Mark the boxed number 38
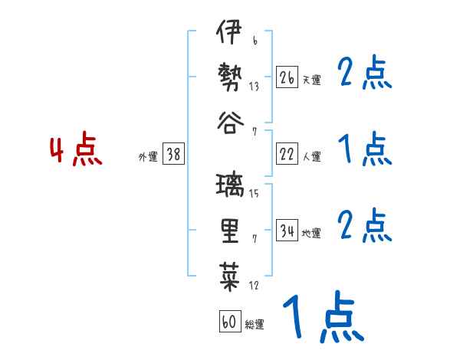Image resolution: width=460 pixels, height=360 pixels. pyautogui.click(x=173, y=154)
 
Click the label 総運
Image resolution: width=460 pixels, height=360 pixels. pyautogui.click(x=255, y=325)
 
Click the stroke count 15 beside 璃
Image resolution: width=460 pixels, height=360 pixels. pyautogui.click(x=254, y=194)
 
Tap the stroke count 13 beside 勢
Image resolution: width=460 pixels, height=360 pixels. pyautogui.click(x=254, y=87)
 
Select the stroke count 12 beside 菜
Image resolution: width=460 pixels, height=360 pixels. pyautogui.click(x=254, y=286)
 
